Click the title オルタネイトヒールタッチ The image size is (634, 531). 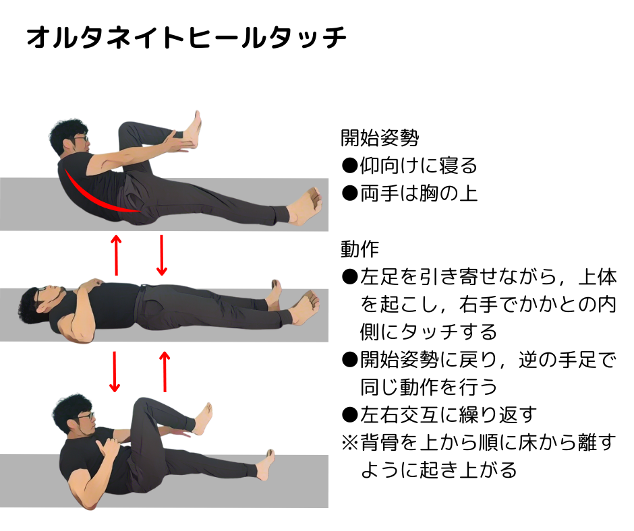coord(186,38)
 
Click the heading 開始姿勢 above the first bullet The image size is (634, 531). coord(380,137)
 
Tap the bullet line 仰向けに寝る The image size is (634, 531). coord(409,166)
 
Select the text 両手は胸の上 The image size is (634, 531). coord(409,193)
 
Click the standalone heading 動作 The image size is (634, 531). coord(360,249)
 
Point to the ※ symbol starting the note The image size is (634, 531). coord(350,443)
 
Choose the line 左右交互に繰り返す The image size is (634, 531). coord(439,414)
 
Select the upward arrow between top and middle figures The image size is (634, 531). coord(116,255)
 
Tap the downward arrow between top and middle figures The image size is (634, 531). coord(162,255)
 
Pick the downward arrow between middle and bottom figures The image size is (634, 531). coord(115,372)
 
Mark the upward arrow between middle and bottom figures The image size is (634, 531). coord(165,372)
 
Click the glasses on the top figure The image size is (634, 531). coord(80,138)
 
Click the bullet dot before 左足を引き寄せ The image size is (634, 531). coord(350,277)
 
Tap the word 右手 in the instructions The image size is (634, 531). coord(478,305)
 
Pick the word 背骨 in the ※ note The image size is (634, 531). coord(379,443)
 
